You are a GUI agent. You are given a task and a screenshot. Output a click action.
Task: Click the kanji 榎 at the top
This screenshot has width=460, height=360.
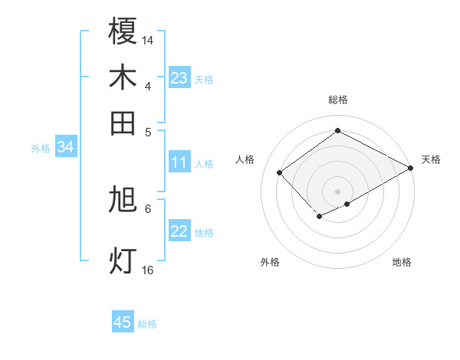[x=123, y=31]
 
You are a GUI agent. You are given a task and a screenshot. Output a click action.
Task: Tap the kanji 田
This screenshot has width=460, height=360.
[x=123, y=123]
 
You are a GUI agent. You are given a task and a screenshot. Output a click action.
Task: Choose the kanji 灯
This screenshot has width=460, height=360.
[x=123, y=260]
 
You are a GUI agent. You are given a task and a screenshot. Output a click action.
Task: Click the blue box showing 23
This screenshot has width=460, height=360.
[x=179, y=78]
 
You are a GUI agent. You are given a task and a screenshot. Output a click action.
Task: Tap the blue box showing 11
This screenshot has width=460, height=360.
[x=179, y=162]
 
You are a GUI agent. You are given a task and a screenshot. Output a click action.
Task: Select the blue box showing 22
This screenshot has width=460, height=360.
[x=179, y=231]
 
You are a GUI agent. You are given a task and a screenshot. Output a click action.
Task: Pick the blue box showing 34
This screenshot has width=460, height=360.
[x=65, y=148]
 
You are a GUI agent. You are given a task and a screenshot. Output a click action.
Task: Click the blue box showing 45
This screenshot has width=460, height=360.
[x=123, y=322]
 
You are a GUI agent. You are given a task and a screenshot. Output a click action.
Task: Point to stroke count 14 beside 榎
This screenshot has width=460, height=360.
[x=148, y=39]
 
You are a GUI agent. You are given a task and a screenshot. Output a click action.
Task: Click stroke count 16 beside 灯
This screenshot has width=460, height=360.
[x=148, y=270]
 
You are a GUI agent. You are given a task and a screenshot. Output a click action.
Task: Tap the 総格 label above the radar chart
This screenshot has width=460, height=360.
[x=337, y=100]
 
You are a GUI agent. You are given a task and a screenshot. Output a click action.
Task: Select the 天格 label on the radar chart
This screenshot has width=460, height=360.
[x=431, y=159]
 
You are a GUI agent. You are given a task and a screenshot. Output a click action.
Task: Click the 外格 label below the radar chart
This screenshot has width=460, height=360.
[x=270, y=262]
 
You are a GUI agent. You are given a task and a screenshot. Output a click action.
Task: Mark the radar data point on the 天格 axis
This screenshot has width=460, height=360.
[x=411, y=168]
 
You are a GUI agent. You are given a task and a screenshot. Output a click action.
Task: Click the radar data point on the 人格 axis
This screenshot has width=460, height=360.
[x=280, y=172]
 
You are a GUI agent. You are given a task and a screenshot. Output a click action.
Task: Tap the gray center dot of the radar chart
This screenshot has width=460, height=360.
[x=337, y=191]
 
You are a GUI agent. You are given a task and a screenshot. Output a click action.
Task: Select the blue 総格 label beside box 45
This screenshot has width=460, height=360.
[x=147, y=324]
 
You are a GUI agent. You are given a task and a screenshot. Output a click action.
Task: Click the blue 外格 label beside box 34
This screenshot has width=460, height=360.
[x=41, y=149]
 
